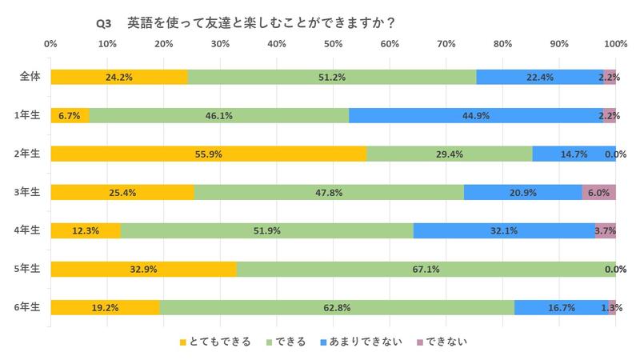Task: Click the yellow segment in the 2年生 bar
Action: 208,154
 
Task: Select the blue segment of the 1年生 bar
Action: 476,115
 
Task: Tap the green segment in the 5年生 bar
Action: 426,269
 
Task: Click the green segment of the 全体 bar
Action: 332,77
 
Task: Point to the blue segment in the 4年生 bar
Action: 503,230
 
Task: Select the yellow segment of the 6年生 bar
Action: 105,307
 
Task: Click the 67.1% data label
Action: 426,269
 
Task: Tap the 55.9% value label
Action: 208,154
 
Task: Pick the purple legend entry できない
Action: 442,342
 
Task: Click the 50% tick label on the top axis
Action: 334,43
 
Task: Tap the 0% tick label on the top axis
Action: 50,43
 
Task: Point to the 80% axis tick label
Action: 503,43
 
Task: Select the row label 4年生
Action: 30,230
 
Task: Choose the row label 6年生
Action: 30,307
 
